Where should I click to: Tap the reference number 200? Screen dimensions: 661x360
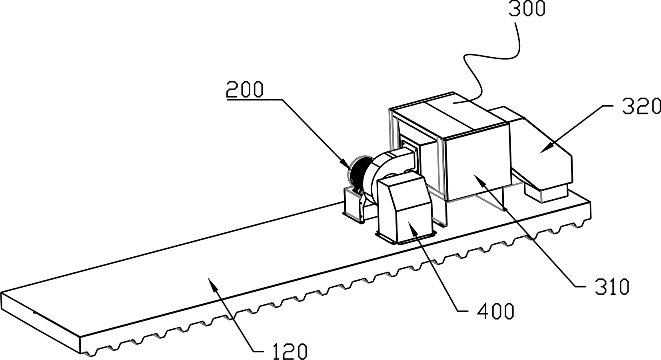[245, 89]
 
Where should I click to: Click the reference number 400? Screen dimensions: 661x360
[495, 311]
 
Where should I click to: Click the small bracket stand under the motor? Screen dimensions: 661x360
[353, 204]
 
